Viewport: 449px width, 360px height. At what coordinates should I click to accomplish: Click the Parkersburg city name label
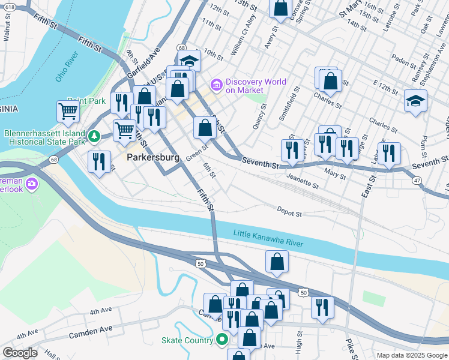[x=153, y=158]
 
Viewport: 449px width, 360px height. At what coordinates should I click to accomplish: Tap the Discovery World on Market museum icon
[x=215, y=85]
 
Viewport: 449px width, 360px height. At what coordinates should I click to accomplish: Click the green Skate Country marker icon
[x=222, y=340]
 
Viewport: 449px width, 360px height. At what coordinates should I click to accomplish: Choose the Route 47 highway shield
[x=416, y=179]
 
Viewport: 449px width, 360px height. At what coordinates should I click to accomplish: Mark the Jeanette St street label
[x=302, y=179]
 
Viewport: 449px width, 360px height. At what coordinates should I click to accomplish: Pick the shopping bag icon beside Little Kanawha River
[x=277, y=261]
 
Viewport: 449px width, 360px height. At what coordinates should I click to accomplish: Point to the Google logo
[x=20, y=353]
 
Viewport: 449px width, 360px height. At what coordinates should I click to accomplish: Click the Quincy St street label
[x=259, y=119]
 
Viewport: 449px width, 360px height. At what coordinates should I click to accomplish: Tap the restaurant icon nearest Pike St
[x=323, y=307]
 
